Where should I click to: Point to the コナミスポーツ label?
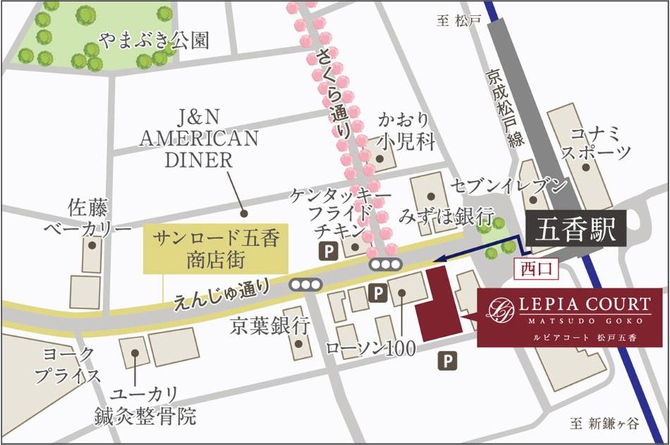click(x=599, y=142)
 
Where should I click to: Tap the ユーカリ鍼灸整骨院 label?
click(x=145, y=405)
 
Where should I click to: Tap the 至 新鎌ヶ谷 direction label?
click(x=604, y=424)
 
